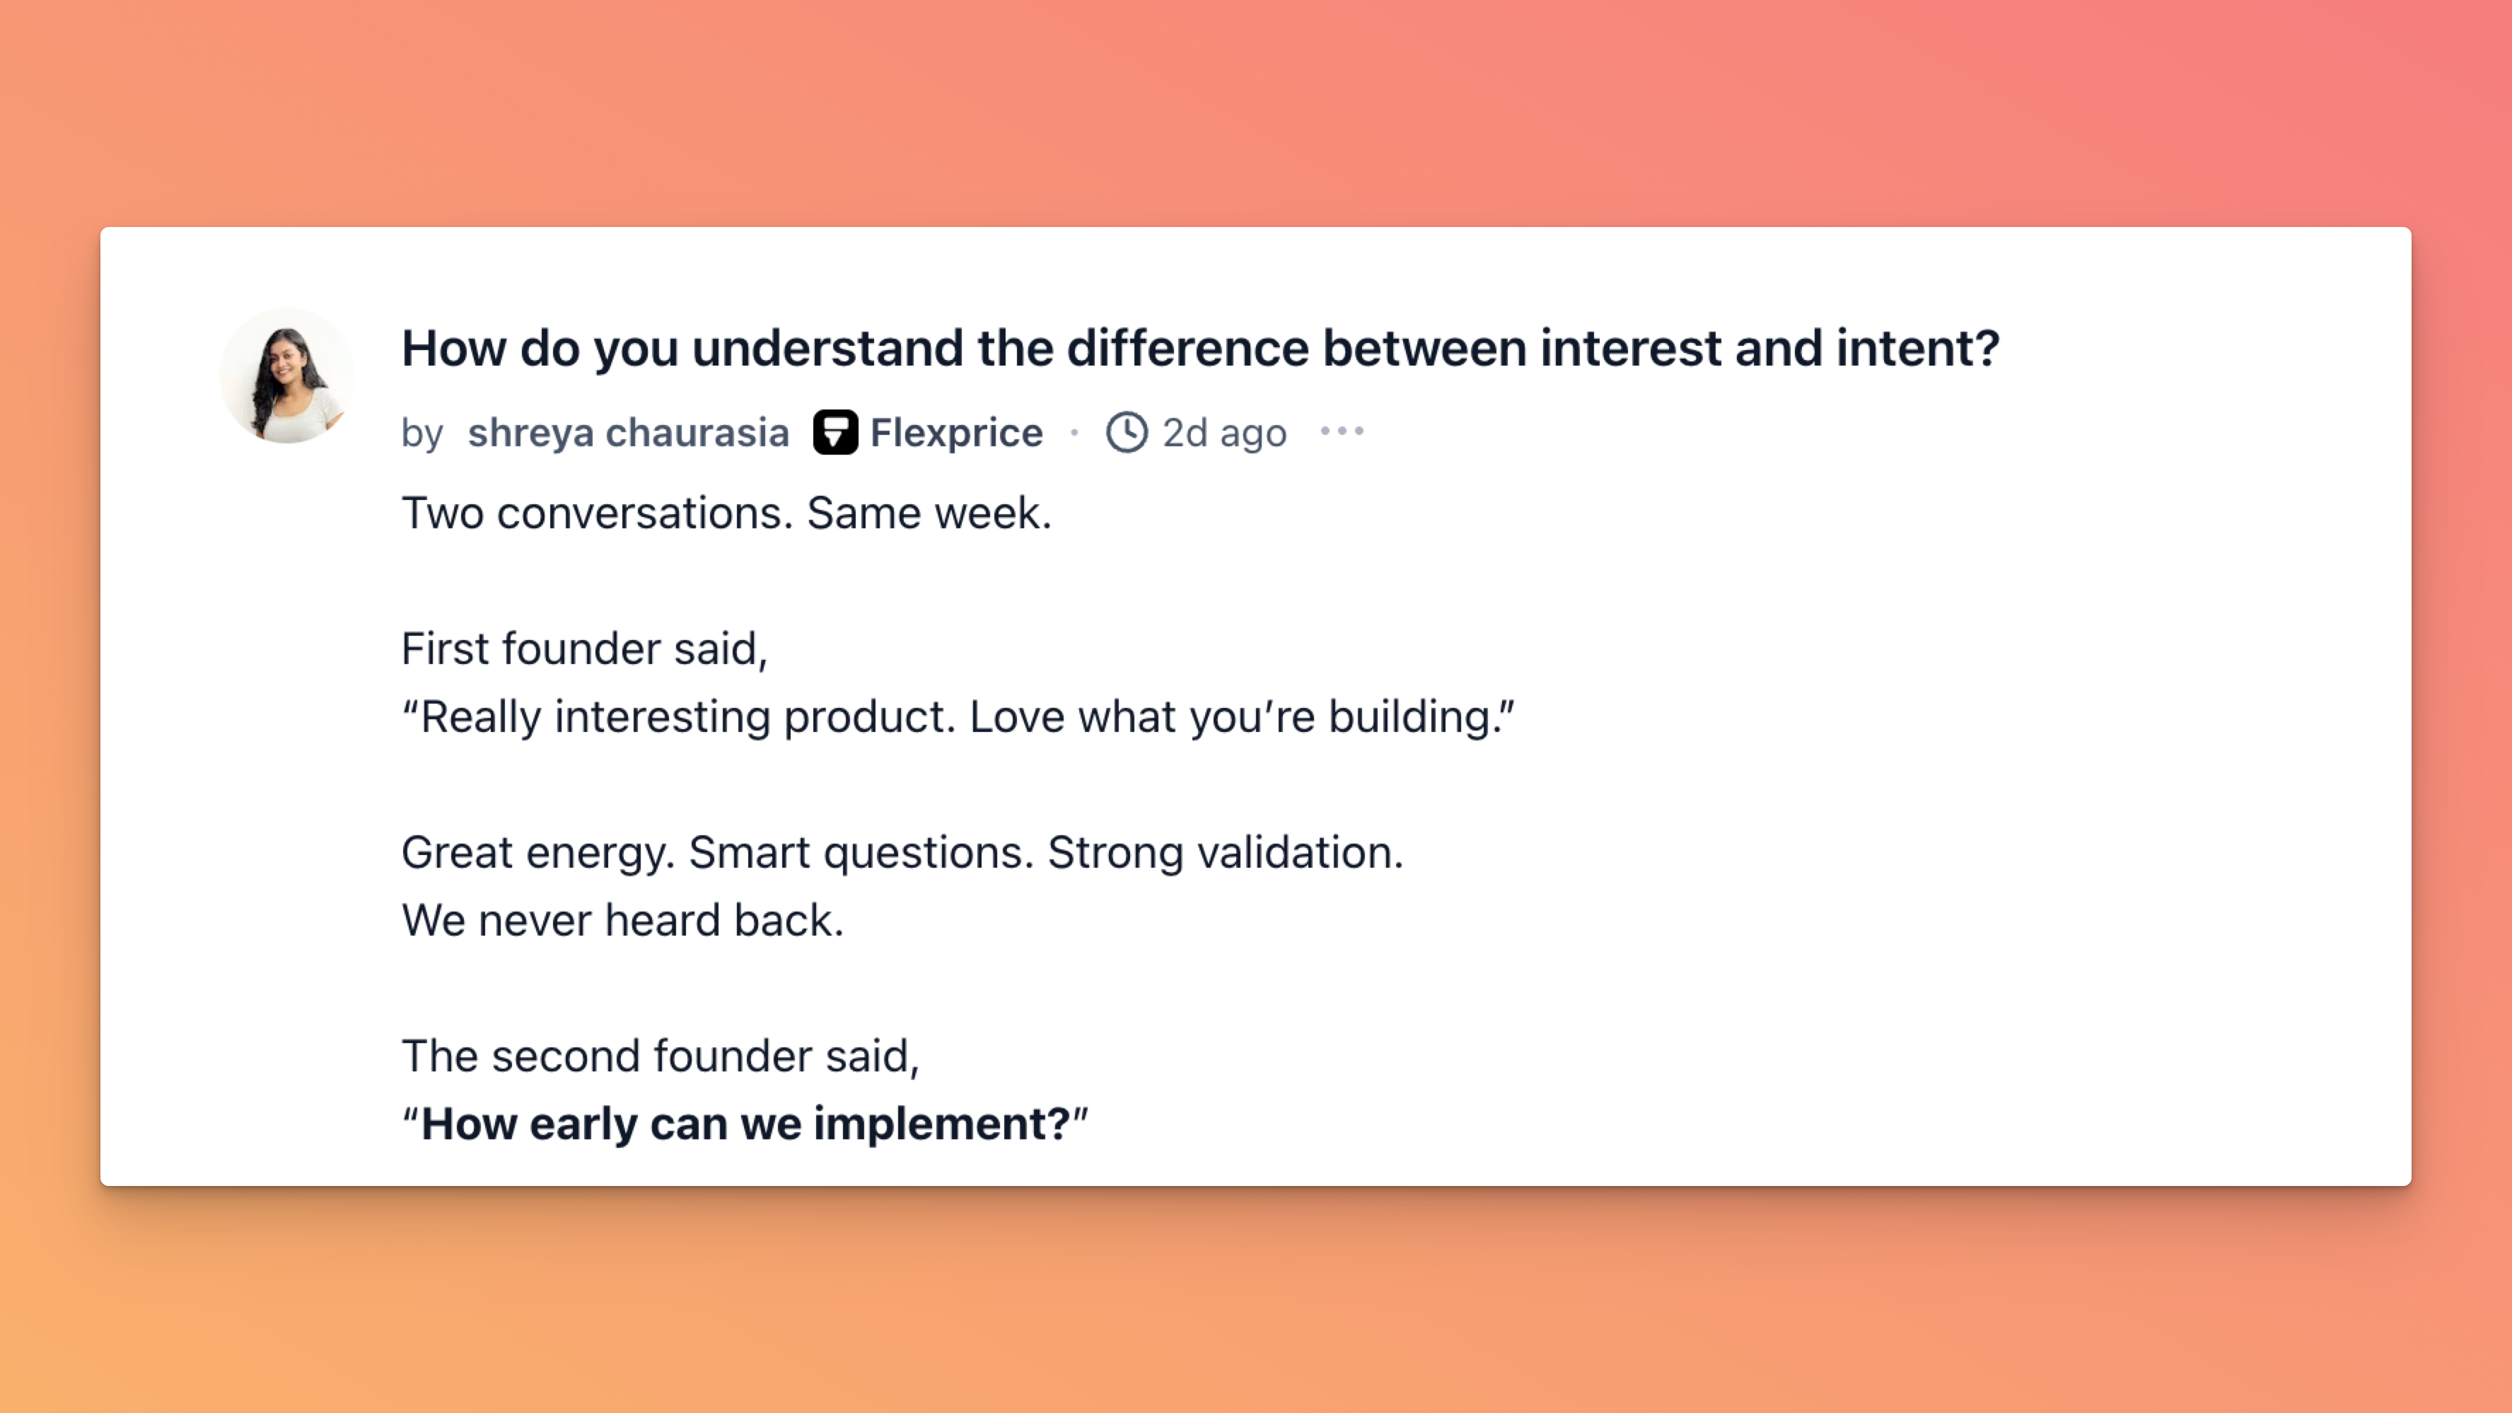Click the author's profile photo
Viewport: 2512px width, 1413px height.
coord(286,376)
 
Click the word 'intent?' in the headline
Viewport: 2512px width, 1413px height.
coord(1918,348)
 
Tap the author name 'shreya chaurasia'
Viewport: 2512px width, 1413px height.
coord(628,432)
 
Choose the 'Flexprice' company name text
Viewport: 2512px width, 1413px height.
coord(955,432)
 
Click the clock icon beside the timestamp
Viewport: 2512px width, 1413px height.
coord(1127,432)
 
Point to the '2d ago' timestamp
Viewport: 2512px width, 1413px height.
coord(1223,433)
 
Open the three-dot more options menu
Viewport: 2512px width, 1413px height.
coord(1342,431)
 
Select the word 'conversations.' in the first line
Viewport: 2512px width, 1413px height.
coord(644,513)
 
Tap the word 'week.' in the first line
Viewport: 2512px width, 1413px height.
coord(993,513)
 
